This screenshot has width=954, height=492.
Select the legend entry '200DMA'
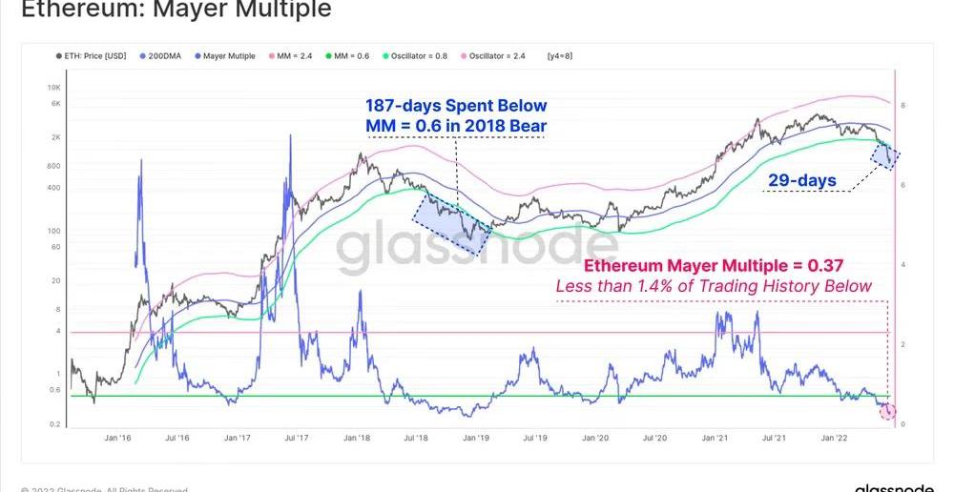[164, 56]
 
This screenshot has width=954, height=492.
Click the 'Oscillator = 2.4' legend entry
[497, 56]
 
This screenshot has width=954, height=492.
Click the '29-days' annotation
[801, 180]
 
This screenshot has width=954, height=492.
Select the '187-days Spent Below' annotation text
[456, 106]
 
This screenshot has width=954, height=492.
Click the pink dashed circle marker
[888, 411]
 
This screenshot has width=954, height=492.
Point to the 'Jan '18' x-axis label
[357, 438]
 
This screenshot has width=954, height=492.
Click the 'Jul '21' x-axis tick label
[774, 438]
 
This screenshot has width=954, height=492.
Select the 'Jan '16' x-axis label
[116, 438]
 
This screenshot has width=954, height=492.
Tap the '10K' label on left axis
[54, 88]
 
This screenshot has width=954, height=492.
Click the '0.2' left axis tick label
[54, 424]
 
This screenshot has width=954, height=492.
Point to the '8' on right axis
[903, 105]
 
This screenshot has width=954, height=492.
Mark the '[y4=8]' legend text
[561, 56]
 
